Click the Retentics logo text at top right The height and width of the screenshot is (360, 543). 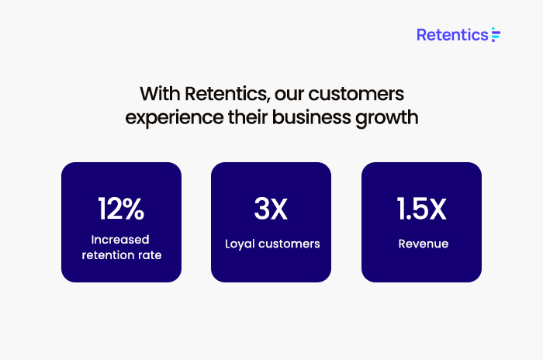click(x=452, y=35)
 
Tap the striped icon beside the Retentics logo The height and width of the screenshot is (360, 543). click(x=496, y=35)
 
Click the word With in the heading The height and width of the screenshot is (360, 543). click(x=160, y=94)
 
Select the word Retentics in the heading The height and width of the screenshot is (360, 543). click(x=227, y=94)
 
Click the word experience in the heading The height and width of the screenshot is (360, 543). click(x=175, y=118)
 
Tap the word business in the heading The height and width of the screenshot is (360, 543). click(x=311, y=117)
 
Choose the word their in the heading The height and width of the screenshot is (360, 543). click(x=247, y=117)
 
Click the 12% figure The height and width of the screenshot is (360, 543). click(x=121, y=209)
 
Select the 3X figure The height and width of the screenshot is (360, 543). click(x=271, y=209)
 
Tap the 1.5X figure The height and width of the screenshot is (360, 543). click(x=421, y=209)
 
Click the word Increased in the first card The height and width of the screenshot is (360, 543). click(x=120, y=240)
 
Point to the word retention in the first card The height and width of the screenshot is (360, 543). click(x=108, y=255)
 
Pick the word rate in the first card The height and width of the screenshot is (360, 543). click(x=150, y=256)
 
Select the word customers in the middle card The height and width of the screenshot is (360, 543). click(x=289, y=244)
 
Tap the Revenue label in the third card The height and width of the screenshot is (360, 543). click(x=424, y=244)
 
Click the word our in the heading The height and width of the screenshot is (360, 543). click(x=289, y=95)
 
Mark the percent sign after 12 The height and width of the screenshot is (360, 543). click(x=133, y=209)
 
